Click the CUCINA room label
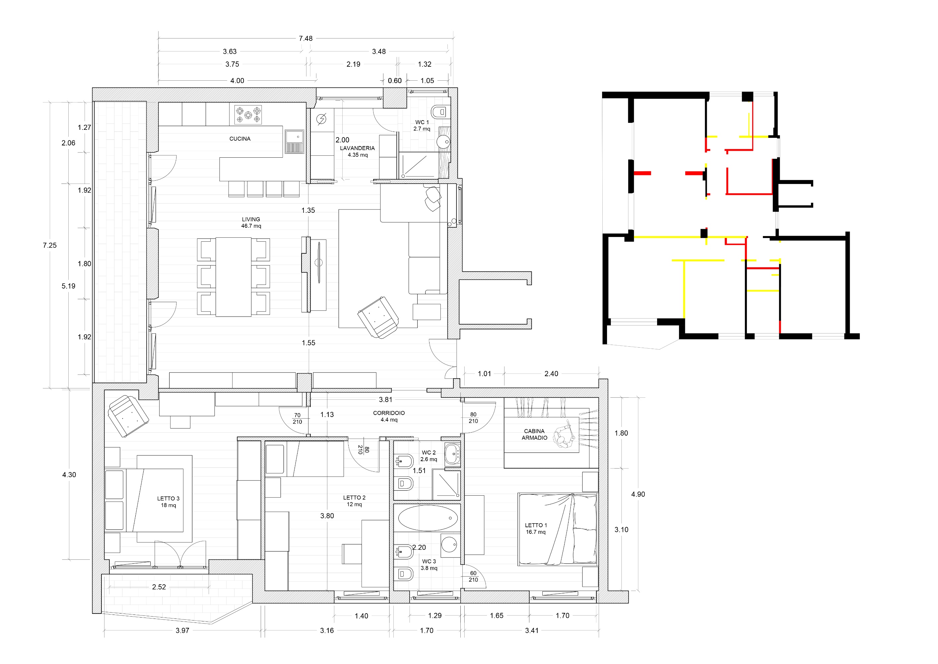pos(240,138)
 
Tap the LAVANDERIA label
pos(357,148)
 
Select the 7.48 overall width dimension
pos(305,39)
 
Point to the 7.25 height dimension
pos(50,245)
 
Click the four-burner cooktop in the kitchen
pos(248,115)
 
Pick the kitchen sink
pos(294,141)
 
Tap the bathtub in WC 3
pos(427,518)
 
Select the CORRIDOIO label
pos(389,413)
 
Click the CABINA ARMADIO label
pos(534,434)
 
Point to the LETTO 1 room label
pos(536,526)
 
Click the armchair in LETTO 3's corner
pos(128,416)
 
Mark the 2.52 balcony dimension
pos(159,587)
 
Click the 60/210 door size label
pos(473,576)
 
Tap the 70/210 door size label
pos(298,418)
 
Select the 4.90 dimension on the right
pos(638,494)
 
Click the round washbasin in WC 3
pos(449,544)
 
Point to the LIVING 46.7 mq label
pos(251,222)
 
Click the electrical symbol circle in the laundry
pos(321,119)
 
